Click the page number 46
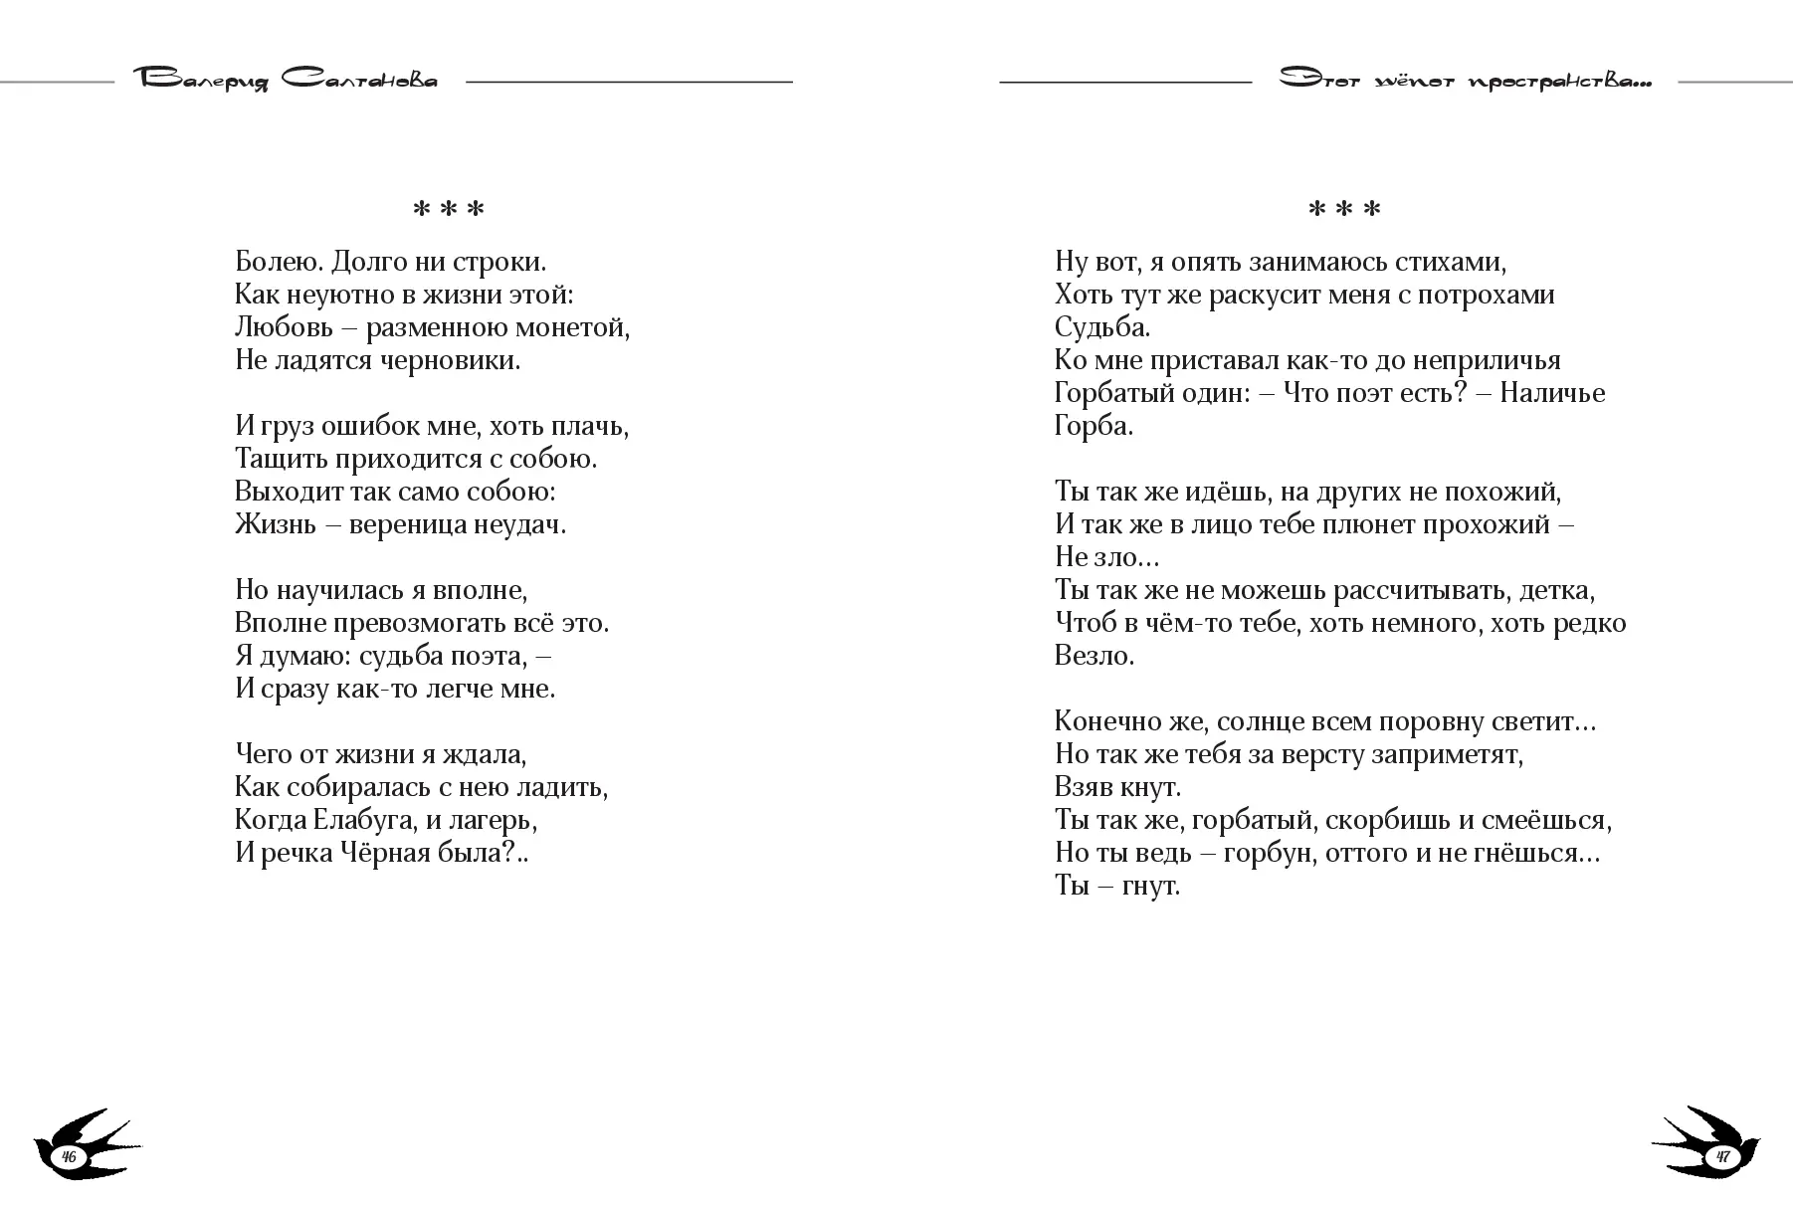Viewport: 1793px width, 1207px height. coord(69,1156)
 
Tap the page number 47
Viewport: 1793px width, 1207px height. coord(1722,1156)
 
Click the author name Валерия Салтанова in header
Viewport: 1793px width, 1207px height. coord(285,81)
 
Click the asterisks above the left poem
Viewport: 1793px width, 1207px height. coord(448,210)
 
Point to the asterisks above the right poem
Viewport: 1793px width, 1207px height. coord(1344,210)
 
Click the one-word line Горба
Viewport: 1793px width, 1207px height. coord(1094,426)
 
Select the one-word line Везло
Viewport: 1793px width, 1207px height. coord(1094,656)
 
